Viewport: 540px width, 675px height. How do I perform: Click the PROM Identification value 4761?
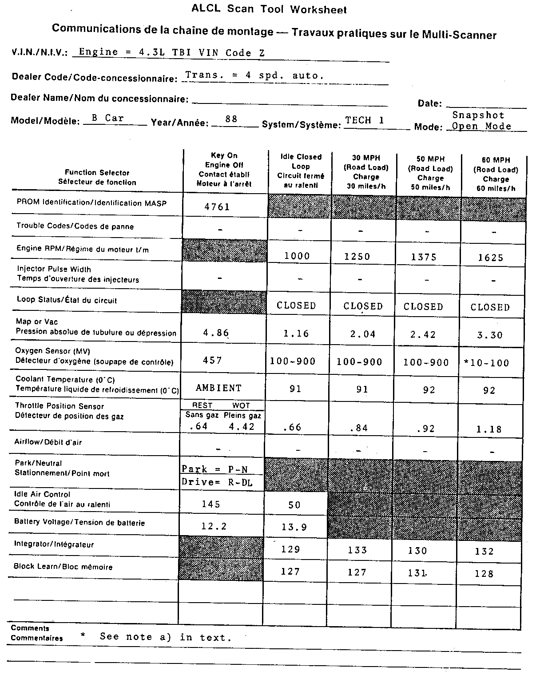pos(217,206)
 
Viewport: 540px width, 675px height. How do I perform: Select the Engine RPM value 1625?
pos(490,258)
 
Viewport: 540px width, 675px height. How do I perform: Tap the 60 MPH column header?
pos(496,174)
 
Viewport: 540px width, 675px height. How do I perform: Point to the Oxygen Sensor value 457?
pos(212,360)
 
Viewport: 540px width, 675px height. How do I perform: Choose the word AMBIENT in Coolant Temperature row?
pos(218,388)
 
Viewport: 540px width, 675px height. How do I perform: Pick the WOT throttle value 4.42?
pos(242,427)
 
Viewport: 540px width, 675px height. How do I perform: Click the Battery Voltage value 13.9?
pos(294,527)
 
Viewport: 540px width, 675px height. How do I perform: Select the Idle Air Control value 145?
pos(211,504)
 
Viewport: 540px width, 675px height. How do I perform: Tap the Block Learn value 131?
pos(417,573)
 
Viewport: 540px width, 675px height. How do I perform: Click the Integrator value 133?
pos(357,550)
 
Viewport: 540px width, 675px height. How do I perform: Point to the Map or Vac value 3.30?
pos(490,335)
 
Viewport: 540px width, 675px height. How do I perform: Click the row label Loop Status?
pos(67,300)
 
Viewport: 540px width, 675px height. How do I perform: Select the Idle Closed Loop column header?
pos(301,171)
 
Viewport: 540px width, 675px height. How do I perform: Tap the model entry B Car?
pos(107,118)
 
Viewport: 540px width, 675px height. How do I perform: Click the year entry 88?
pos(231,119)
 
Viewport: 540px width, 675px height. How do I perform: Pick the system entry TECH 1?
pos(365,120)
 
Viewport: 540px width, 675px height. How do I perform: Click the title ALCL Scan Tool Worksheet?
pos(269,9)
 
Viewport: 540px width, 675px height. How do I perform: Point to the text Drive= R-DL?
pos(217,483)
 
